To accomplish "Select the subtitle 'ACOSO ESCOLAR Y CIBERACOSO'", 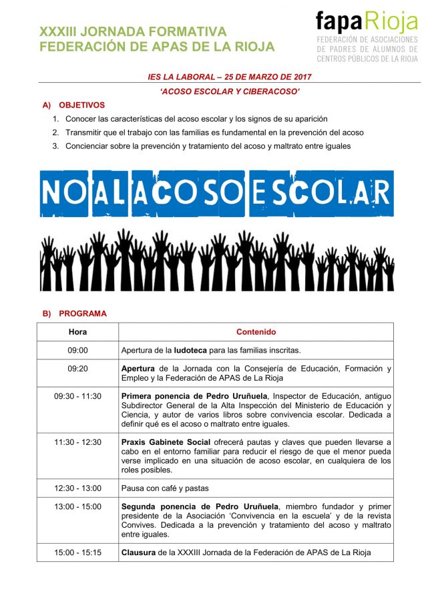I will coord(230,91).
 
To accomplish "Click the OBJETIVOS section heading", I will coord(81,105).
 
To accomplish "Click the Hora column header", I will coord(77,332).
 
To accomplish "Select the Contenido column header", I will coord(256,332).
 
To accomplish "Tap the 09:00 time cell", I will coord(77,350).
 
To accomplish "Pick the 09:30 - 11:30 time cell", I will coord(77,396).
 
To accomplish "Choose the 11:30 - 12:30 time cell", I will coord(77,442).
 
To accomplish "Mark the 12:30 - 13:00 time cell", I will coord(77,488).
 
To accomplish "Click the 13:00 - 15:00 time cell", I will coord(77,506).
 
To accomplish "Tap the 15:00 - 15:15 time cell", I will coord(77,553).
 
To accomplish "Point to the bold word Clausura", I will coord(139,553).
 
